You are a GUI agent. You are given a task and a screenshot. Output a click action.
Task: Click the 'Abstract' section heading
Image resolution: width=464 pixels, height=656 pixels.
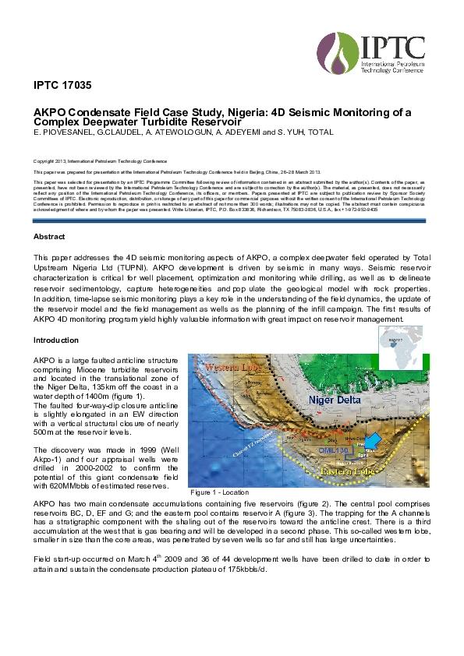(49, 235)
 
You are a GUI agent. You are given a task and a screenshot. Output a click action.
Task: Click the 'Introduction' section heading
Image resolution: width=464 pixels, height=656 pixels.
(55, 340)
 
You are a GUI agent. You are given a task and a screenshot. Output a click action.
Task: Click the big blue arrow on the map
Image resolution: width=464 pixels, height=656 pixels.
(374, 442)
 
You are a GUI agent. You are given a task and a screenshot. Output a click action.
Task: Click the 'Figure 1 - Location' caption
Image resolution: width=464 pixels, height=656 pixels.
(220, 492)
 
